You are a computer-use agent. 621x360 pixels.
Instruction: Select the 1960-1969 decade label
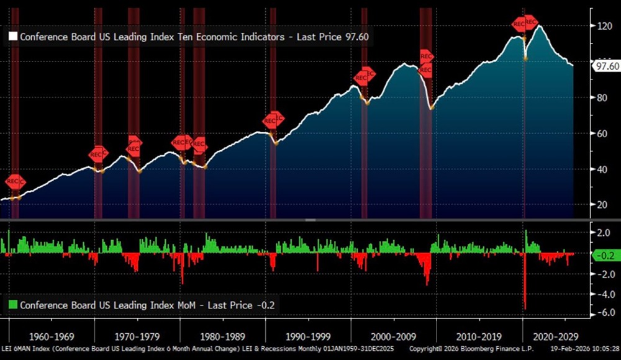[53, 337]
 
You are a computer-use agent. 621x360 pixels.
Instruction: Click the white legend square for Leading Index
[12, 37]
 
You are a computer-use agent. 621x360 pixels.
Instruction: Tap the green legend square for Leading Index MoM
[12, 305]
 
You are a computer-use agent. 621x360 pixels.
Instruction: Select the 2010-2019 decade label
[478, 337]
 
